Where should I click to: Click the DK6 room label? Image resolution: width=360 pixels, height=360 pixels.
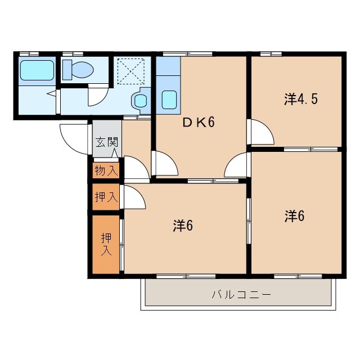[199, 122]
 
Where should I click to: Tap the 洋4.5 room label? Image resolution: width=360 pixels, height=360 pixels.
[301, 99]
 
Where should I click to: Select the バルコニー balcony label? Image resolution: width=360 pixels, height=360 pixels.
[241, 294]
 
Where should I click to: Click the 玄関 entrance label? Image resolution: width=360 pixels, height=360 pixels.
[107, 142]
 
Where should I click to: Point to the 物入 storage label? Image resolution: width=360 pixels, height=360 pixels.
[106, 171]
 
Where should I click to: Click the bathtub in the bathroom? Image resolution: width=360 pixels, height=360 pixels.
[37, 70]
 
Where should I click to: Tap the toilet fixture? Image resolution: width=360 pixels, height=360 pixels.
[78, 70]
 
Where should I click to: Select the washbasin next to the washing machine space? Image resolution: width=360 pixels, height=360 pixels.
[140, 101]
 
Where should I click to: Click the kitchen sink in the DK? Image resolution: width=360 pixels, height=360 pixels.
[169, 100]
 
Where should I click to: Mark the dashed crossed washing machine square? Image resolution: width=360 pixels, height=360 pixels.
[131, 71]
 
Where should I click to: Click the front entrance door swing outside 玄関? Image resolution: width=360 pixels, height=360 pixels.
[74, 139]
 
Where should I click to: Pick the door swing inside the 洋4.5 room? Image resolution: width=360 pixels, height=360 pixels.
[262, 132]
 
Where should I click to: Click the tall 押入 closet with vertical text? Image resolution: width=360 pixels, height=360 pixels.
[106, 244]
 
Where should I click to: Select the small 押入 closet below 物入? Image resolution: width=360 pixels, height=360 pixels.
[106, 197]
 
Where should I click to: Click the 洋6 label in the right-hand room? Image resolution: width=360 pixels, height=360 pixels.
[295, 216]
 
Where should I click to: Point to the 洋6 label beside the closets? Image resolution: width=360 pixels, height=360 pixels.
[183, 226]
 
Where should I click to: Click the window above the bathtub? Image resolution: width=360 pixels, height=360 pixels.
[29, 54]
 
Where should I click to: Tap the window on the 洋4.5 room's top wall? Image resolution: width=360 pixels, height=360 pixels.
[271, 54]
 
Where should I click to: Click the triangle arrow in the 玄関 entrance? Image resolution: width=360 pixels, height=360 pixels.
[115, 153]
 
